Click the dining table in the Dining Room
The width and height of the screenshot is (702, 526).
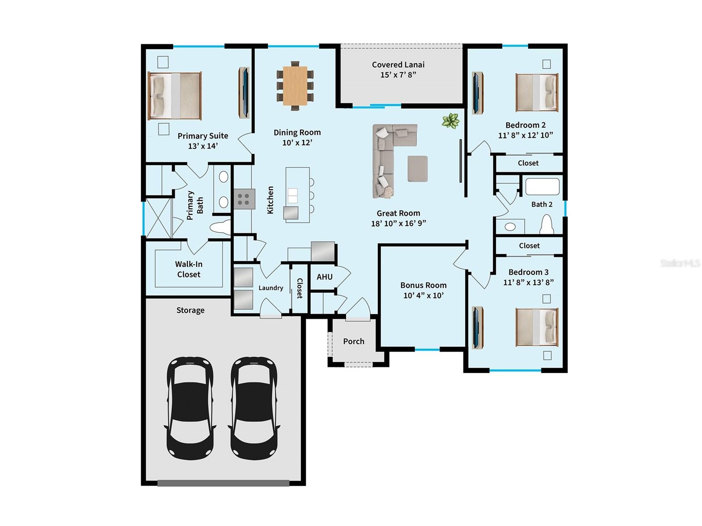[295, 85]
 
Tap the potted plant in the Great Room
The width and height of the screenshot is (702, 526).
[451, 121]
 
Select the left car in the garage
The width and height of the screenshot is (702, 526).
[190, 408]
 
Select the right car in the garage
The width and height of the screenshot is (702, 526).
[254, 408]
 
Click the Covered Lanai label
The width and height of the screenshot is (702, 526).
[398, 65]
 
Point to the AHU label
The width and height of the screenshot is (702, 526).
[324, 277]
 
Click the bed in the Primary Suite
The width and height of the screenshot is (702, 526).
[175, 96]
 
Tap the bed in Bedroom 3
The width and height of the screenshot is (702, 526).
[537, 327]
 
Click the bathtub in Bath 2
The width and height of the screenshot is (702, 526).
[542, 186]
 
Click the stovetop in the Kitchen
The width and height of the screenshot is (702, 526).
[244, 199]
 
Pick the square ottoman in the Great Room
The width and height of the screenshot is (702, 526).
[417, 169]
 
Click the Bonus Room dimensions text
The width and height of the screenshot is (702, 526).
[423, 296]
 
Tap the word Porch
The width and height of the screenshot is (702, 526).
[354, 341]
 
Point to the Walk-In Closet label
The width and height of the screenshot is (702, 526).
[188, 269]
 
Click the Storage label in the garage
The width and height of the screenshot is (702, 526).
[190, 310]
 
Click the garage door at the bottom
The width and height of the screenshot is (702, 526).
[223, 483]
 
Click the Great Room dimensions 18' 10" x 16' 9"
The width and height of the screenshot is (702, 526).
[398, 224]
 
